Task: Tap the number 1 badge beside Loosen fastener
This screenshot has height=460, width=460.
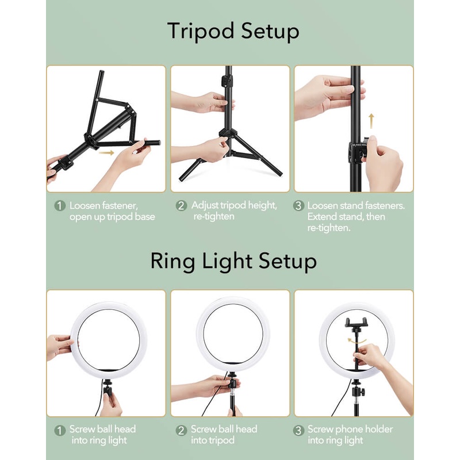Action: tap(60, 205)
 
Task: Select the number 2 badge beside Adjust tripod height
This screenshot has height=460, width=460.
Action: tap(181, 205)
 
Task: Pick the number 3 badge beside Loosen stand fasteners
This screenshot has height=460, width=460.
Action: tap(298, 205)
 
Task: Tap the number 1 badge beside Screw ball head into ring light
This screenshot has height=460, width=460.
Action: tap(60, 430)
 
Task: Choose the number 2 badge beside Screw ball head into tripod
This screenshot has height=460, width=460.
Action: tap(181, 430)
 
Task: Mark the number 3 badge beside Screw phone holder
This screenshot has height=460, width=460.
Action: tap(298, 430)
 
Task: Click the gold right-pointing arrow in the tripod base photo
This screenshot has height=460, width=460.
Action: tap(106, 152)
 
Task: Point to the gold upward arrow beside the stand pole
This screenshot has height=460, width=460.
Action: tap(371, 121)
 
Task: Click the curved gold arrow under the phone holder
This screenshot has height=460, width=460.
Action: tap(356, 341)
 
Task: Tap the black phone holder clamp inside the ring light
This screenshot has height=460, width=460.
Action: tap(356, 322)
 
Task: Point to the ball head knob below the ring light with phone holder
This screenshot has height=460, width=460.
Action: tap(363, 392)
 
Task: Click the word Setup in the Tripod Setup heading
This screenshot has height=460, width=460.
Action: tap(270, 32)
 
